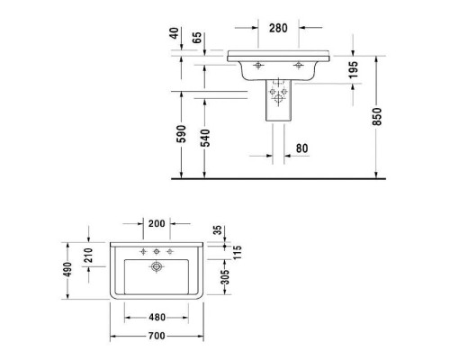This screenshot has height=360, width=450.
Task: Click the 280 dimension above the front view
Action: pos(277,27)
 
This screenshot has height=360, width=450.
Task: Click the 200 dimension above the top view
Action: pos(157,222)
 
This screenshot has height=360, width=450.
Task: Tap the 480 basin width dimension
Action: pos(157,316)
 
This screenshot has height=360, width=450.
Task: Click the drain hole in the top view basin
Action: pos(157,267)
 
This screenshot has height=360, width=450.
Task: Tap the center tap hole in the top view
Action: pos(157,250)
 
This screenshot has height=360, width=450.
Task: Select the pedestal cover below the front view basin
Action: pos(278,100)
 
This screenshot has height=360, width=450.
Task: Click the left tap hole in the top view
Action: pos(142,249)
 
